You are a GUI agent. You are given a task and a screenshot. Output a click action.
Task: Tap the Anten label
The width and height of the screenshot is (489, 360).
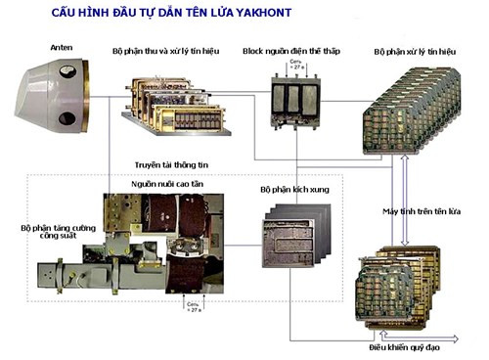point(61,46)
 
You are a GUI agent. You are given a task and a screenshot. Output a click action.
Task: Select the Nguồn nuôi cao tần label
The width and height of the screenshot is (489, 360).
point(168,183)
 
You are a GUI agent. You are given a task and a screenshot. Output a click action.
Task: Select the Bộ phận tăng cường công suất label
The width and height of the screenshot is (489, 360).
point(58,233)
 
